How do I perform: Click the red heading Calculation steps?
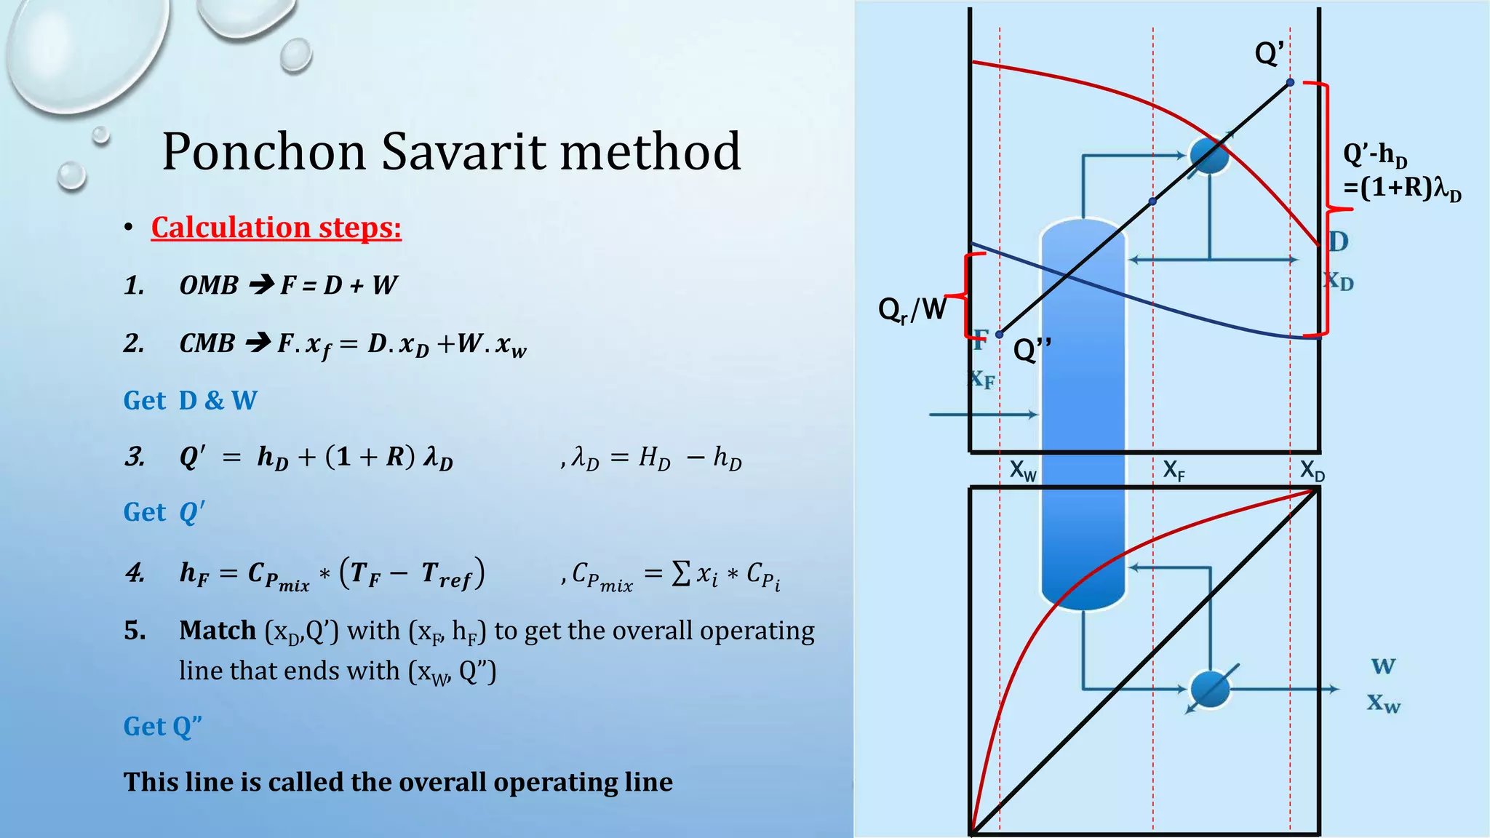276,228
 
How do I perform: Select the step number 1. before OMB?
134,285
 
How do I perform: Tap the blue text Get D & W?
190,400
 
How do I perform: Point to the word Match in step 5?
217,630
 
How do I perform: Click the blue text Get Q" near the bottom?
162,726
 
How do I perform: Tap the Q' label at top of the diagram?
1270,53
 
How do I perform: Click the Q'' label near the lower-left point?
1032,351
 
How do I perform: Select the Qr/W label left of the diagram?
912,309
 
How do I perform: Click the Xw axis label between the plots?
1023,471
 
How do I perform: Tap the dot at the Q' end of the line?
1290,83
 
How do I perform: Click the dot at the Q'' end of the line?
1000,334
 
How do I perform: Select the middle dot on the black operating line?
1152,201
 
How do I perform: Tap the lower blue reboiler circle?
1209,688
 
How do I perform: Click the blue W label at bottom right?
1383,666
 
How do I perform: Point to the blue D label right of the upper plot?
1338,242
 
